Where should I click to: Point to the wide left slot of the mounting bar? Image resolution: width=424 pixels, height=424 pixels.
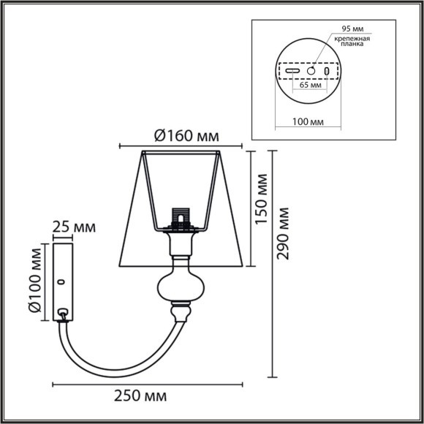click(292, 72)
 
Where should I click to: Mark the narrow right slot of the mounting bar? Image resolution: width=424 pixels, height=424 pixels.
click(326, 72)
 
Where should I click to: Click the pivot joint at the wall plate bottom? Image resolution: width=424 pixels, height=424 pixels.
click(62, 313)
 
